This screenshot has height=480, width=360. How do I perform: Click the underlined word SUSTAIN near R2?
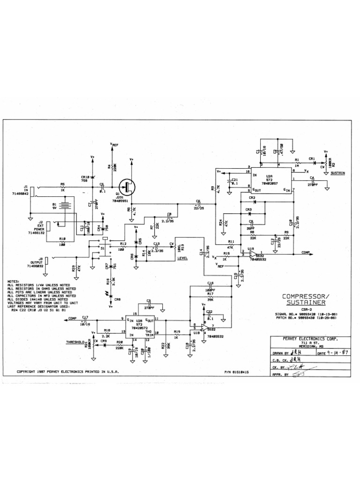tap(337, 173)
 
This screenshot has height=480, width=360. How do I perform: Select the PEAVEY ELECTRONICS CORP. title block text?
tap(304, 338)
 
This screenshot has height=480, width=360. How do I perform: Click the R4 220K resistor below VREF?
tap(112, 166)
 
